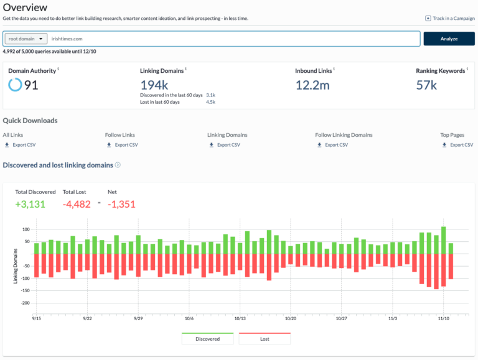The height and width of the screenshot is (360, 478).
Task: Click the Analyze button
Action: pyautogui.click(x=449, y=39)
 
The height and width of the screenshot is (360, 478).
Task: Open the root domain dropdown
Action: pyautogui.click(x=26, y=39)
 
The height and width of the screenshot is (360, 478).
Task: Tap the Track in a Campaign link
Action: pyautogui.click(x=450, y=18)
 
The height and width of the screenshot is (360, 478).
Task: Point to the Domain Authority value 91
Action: pyautogui.click(x=31, y=85)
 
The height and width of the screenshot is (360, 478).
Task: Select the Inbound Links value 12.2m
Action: pyautogui.click(x=312, y=85)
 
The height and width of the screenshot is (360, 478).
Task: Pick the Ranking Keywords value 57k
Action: pyautogui.click(x=428, y=85)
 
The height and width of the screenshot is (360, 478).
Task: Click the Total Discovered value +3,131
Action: pyautogui.click(x=30, y=204)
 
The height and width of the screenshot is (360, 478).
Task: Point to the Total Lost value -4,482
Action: pyautogui.click(x=77, y=204)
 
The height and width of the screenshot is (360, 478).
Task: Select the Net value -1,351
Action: pyautogui.click(x=121, y=204)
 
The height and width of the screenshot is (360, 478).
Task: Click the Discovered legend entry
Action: pyautogui.click(x=207, y=339)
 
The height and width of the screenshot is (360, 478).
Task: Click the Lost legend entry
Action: pyautogui.click(x=265, y=339)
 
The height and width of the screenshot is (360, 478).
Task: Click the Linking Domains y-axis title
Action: pyautogui.click(x=16, y=266)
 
